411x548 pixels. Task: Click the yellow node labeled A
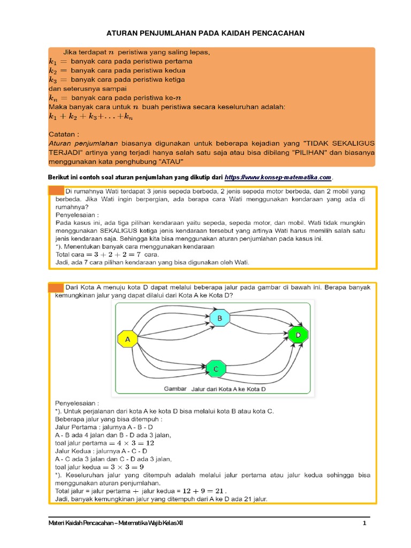pos(127,339)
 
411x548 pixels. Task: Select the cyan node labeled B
pos(219,318)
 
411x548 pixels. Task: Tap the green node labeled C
pos(216,368)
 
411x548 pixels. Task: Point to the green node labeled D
pos(298,335)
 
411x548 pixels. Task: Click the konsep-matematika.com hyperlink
pos(278,177)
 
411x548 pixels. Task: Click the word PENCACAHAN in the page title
pos(273,33)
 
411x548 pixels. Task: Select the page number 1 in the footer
pos(364,523)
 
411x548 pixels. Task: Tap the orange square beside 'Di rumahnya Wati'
pos(56,191)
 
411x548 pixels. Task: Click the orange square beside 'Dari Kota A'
pos(56,287)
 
